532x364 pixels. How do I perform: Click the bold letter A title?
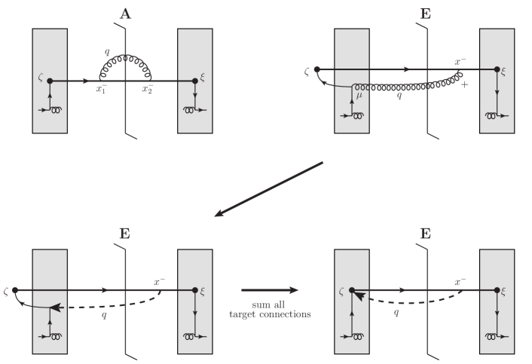point(126,12)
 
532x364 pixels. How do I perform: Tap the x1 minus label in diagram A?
point(101,89)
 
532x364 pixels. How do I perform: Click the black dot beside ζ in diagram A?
point(50,80)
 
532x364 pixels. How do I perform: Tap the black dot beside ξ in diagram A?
point(195,80)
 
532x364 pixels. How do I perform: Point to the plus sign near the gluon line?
point(463,85)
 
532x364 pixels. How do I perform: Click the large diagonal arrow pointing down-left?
point(270,189)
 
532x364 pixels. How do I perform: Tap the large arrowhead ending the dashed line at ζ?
point(358,296)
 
